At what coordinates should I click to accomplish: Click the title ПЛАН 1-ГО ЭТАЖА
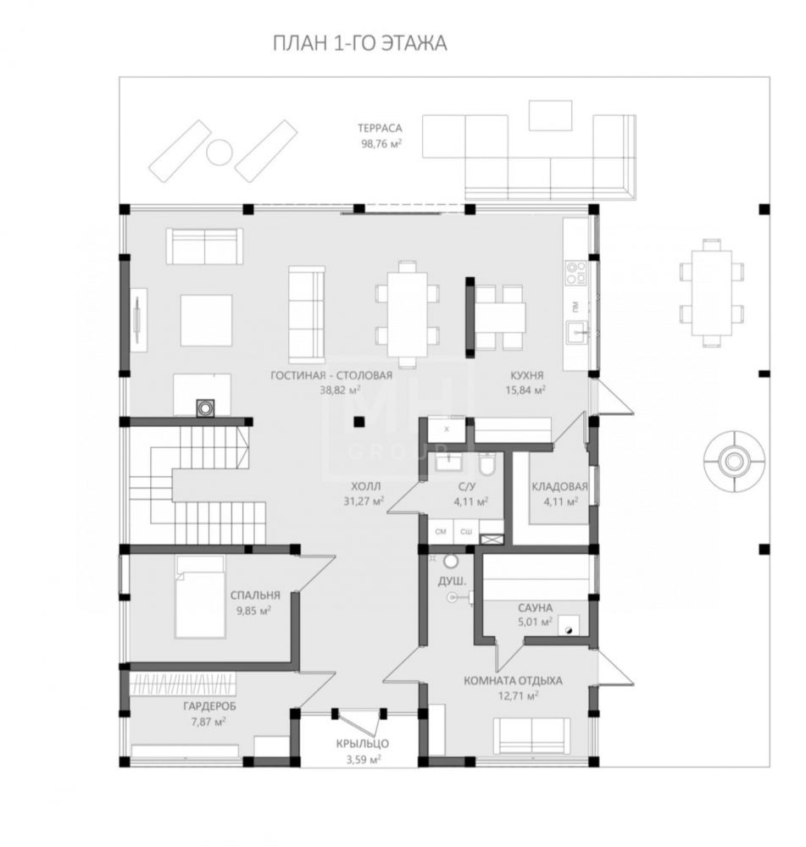[359, 43]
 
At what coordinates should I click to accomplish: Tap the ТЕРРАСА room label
[380, 128]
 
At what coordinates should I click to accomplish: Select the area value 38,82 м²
[341, 390]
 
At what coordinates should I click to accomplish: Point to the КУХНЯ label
[526, 375]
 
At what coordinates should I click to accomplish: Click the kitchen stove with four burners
[575, 272]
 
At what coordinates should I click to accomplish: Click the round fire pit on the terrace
[734, 461]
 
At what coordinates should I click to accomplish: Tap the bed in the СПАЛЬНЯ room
[200, 596]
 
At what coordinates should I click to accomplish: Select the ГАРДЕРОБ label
[209, 706]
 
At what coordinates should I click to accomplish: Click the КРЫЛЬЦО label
[362, 744]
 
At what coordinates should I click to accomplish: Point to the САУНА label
[535, 607]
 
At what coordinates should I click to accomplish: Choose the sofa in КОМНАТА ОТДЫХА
[532, 736]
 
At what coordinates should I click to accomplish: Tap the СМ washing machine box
[441, 532]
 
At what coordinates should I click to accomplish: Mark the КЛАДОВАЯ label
[559, 486]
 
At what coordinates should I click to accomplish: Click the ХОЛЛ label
[365, 486]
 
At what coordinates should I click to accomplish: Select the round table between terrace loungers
[220, 152]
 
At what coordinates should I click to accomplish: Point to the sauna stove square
[568, 627]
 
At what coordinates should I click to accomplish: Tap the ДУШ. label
[452, 581]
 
